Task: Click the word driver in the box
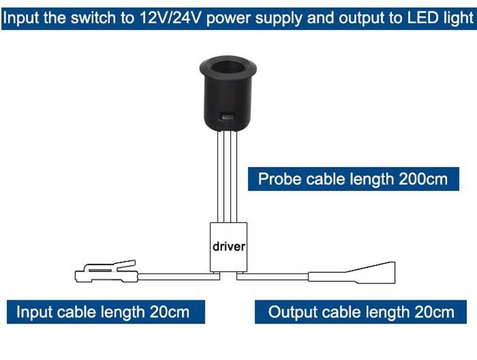point(229,246)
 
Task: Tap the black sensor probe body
point(228,93)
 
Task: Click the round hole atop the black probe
point(228,68)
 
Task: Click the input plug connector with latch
point(106,272)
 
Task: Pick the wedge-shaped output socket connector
point(352,273)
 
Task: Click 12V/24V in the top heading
point(170,18)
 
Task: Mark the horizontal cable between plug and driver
point(179,277)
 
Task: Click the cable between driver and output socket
point(273,277)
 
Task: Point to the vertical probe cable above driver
point(228,177)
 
